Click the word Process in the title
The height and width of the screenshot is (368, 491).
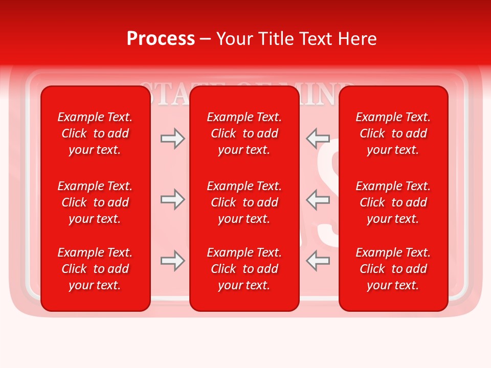(x=161, y=39)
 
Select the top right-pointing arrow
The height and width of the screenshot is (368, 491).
(x=172, y=139)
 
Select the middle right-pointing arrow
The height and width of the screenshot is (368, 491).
(x=172, y=199)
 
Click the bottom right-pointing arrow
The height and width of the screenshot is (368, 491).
(x=172, y=261)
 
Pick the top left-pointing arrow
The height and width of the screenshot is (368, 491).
(x=318, y=139)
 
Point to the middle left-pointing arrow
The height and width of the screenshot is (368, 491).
(x=318, y=199)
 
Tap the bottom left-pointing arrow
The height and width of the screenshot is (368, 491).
(x=318, y=261)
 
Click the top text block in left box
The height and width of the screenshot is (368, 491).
(x=95, y=133)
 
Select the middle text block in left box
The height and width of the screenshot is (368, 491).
(x=95, y=202)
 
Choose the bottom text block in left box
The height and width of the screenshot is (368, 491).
(x=95, y=269)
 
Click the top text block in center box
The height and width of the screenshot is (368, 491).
(x=244, y=133)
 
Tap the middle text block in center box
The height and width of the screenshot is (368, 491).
(x=244, y=202)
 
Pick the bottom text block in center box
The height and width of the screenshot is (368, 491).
(x=244, y=269)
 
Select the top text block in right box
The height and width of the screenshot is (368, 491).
(x=393, y=133)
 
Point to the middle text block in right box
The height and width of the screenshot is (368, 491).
(x=393, y=202)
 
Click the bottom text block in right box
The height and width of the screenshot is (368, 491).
(x=393, y=269)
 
